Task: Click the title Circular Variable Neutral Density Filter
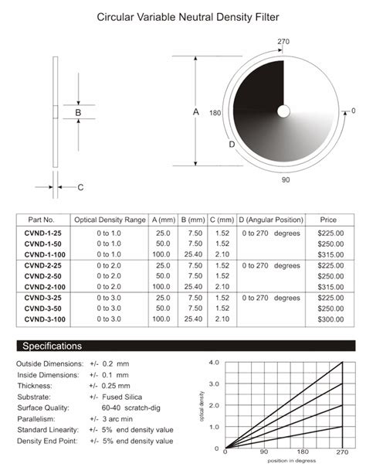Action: click(183, 15)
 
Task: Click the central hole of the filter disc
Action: click(284, 111)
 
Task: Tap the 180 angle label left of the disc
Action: click(215, 113)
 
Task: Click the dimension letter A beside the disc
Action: click(195, 112)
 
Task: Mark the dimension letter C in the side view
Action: click(80, 187)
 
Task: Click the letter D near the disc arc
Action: click(232, 145)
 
